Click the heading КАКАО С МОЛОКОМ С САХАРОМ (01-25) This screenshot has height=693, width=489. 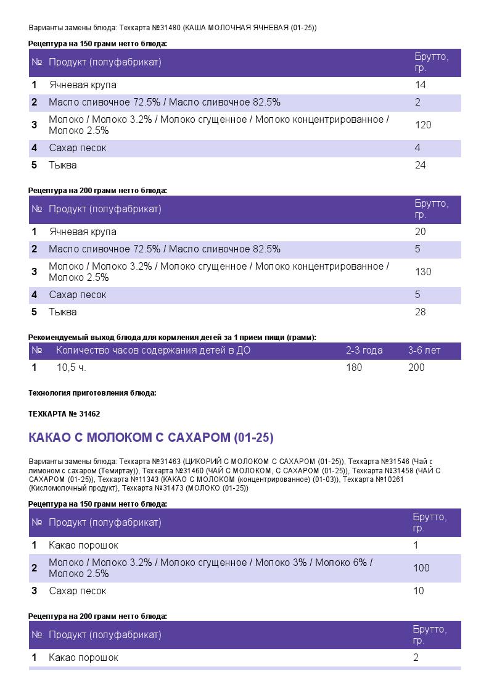pos(151,438)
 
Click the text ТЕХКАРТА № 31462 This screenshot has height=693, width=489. pos(64,414)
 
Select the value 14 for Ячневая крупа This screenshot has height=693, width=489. pos(421,85)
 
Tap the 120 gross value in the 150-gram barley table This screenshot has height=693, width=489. pos(423,125)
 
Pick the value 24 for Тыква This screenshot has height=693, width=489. pos(421,165)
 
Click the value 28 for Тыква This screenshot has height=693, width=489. pos(421,312)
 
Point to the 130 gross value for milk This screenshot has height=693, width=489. pos(423,272)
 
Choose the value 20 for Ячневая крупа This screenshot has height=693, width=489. pos(421,232)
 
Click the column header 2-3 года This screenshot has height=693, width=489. pos(364,351)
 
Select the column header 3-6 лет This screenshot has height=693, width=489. pos(424,351)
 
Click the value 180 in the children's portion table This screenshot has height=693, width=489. pos(354,368)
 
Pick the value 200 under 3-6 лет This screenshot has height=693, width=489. pos(416,368)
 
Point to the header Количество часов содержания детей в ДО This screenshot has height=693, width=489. pos(153,351)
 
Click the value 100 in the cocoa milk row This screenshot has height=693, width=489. pos(421,568)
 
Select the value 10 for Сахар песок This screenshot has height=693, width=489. pos(419,591)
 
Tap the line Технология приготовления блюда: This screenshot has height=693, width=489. pos(92,393)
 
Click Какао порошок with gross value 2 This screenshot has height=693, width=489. pos(83,658)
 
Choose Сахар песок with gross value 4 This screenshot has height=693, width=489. pos(78,148)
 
